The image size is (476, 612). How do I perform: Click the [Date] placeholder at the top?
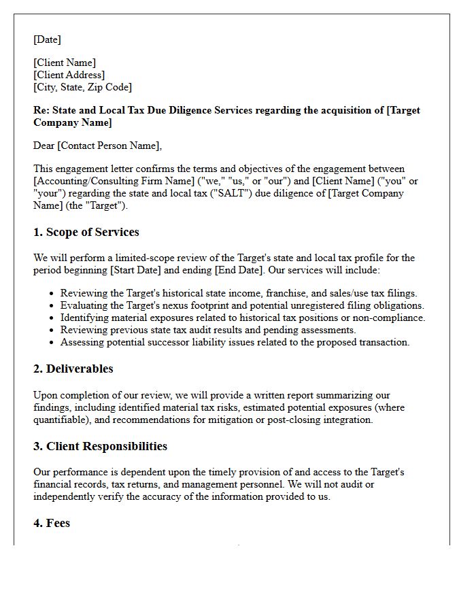point(47,39)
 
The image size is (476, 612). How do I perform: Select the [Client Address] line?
point(69,75)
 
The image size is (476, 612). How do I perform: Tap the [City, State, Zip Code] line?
point(82,87)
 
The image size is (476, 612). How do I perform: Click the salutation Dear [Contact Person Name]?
point(98,146)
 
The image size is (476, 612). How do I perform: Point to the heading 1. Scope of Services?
point(86,232)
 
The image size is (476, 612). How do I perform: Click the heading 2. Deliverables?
point(73,369)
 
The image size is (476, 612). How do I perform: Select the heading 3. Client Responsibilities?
point(100,446)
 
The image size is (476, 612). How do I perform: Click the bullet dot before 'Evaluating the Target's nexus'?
point(52,306)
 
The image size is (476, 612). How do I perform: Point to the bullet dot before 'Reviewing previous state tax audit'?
point(52,330)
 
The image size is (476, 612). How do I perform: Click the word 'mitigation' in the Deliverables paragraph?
point(253,420)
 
